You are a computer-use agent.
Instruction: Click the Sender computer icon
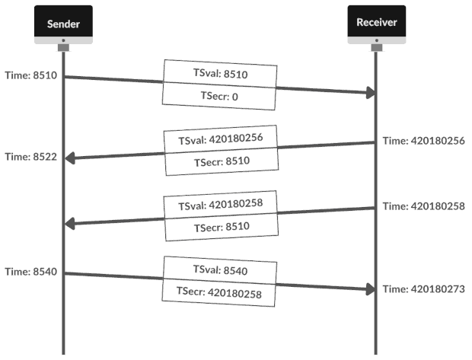pyautogui.click(x=62, y=25)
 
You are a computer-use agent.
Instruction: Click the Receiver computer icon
pyautogui.click(x=377, y=25)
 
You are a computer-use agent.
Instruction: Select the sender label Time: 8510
pyautogui.click(x=30, y=77)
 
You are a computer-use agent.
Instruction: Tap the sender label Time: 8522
pyautogui.click(x=30, y=157)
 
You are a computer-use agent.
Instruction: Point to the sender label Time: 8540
pyautogui.click(x=30, y=272)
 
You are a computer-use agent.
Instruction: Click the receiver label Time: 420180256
pyautogui.click(x=424, y=141)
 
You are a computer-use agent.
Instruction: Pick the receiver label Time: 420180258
pyautogui.click(x=424, y=206)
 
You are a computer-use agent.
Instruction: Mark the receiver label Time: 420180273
pyautogui.click(x=424, y=289)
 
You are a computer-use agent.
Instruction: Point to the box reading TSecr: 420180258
pyautogui.click(x=218, y=292)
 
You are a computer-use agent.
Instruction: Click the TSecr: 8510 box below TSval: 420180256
pyautogui.click(x=219, y=161)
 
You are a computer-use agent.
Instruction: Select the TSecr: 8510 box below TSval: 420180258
pyautogui.click(x=219, y=226)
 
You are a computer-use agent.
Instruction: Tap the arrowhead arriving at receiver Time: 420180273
pyautogui.click(x=370, y=288)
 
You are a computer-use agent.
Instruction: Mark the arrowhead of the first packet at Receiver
pyautogui.click(x=370, y=92)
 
